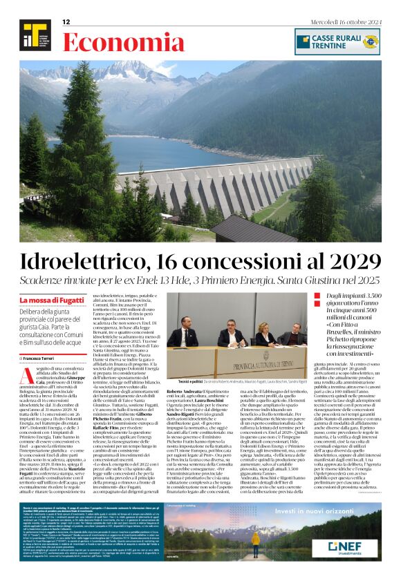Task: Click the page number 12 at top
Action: [x=66, y=22]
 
